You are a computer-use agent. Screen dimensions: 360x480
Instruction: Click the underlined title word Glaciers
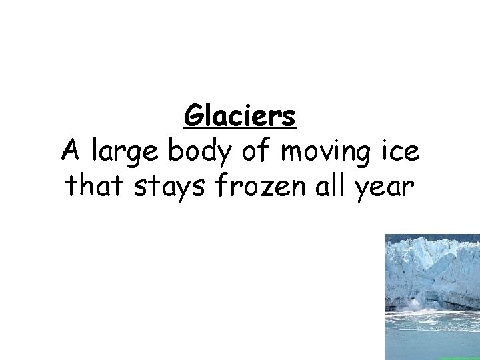[x=240, y=117]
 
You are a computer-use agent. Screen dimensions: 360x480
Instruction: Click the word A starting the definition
[x=69, y=151]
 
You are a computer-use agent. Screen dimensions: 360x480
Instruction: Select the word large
[x=125, y=153]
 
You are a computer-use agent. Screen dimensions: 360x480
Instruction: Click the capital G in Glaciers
[x=193, y=117]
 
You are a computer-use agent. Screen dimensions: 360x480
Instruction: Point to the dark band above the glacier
[x=433, y=237]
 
